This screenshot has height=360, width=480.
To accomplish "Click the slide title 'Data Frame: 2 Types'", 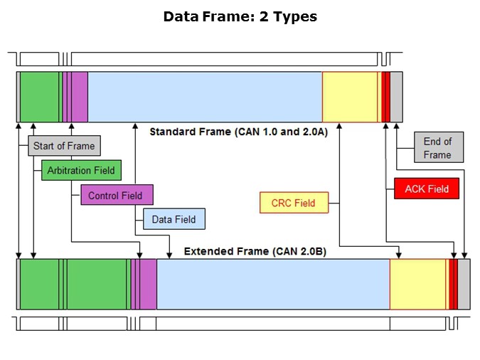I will (240, 16).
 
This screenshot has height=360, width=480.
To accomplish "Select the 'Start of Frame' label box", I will (63, 146).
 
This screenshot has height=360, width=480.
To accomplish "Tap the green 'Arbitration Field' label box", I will (81, 170).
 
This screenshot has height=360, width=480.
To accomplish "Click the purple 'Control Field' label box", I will (115, 195).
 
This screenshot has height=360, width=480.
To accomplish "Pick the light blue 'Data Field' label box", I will (174, 219).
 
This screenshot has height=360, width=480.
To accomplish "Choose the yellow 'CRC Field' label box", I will (293, 203).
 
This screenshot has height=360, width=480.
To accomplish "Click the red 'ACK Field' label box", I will (427, 189).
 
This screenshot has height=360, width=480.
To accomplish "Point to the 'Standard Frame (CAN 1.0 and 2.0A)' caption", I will (238, 132).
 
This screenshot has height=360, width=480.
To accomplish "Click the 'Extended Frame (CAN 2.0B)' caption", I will (255, 251).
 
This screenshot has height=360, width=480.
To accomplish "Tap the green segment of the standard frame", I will (40, 97).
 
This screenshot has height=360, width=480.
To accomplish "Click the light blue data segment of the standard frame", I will (205, 97).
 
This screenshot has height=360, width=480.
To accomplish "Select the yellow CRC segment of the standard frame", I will (350, 97).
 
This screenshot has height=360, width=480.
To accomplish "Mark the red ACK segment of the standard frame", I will (385, 97).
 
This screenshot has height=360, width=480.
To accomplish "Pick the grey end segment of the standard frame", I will (397, 97).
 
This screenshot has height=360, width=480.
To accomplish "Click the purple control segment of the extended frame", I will (146, 284).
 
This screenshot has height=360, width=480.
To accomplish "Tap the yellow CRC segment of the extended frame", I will (418, 284).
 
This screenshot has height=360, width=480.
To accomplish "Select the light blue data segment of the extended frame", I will (272, 284).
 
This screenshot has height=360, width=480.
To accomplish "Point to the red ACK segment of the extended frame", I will (453, 284).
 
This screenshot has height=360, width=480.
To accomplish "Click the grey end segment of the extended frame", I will (464, 284).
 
